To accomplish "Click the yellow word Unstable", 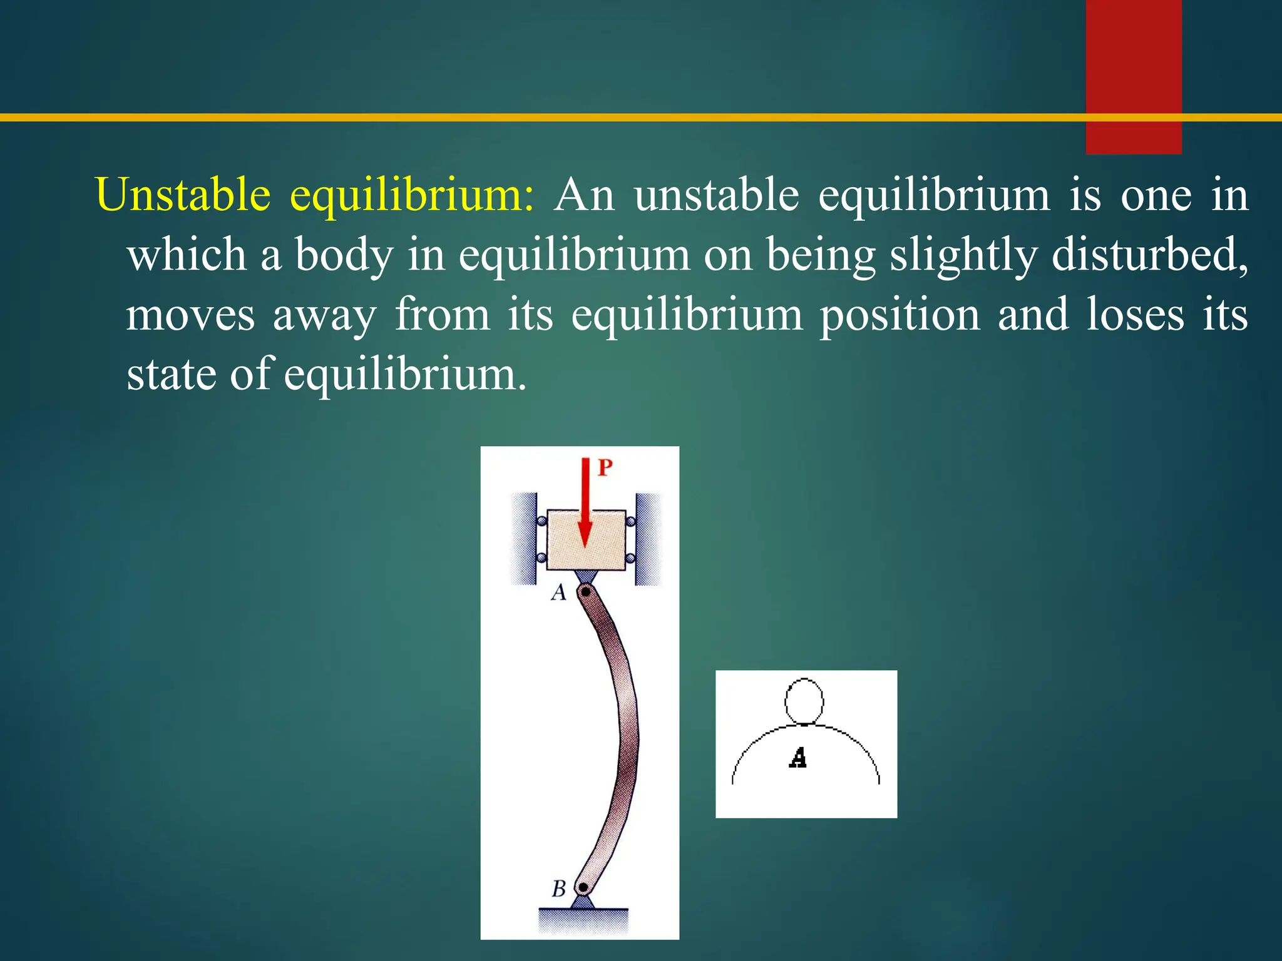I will (x=183, y=195).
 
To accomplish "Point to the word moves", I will (x=190, y=314).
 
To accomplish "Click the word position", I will (x=900, y=315).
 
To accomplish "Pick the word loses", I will (x=1135, y=314).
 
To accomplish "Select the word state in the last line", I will (x=171, y=374).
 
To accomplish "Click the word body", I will (x=344, y=255).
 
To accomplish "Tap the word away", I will (x=324, y=315).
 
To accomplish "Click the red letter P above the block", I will (x=605, y=467).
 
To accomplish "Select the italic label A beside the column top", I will (x=558, y=591).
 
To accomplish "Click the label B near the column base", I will (x=559, y=888).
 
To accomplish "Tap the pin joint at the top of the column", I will (x=585, y=591).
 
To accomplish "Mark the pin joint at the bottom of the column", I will (x=583, y=887).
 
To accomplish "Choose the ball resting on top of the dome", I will (x=804, y=701).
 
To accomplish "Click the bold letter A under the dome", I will (x=798, y=758).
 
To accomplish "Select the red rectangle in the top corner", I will (x=1133, y=75).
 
